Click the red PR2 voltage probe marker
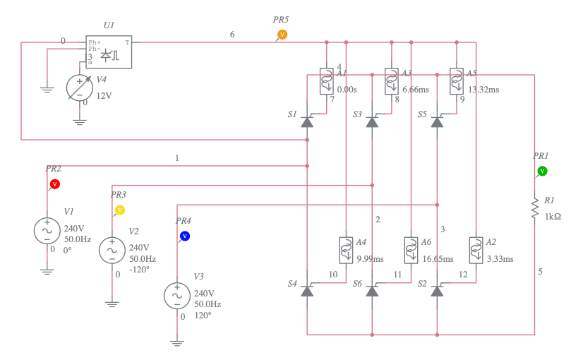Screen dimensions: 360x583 (x=54, y=184)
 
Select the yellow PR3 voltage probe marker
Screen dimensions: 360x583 (x=120, y=210)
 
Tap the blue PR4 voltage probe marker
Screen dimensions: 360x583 (x=184, y=236)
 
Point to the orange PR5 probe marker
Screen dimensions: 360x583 (x=282, y=34)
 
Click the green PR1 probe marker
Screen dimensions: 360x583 (x=542, y=171)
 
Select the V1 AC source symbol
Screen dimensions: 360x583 (x=47, y=230)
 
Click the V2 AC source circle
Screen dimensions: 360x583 (x=112, y=249)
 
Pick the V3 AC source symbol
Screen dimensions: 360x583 (x=176, y=295)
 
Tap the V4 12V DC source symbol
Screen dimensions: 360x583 (x=79, y=88)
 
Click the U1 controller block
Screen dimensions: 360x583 (x=109, y=53)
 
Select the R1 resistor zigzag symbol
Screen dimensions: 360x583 (x=534, y=209)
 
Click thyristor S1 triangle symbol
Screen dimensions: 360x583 (x=307, y=121)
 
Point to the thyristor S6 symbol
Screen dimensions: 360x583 (x=372, y=290)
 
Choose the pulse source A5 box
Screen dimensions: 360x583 (x=457, y=80)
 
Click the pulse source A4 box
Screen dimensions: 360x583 (x=346, y=248)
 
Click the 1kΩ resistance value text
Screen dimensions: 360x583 (x=553, y=216)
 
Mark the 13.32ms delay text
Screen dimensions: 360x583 (x=483, y=90)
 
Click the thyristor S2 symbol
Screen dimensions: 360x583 (x=437, y=290)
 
